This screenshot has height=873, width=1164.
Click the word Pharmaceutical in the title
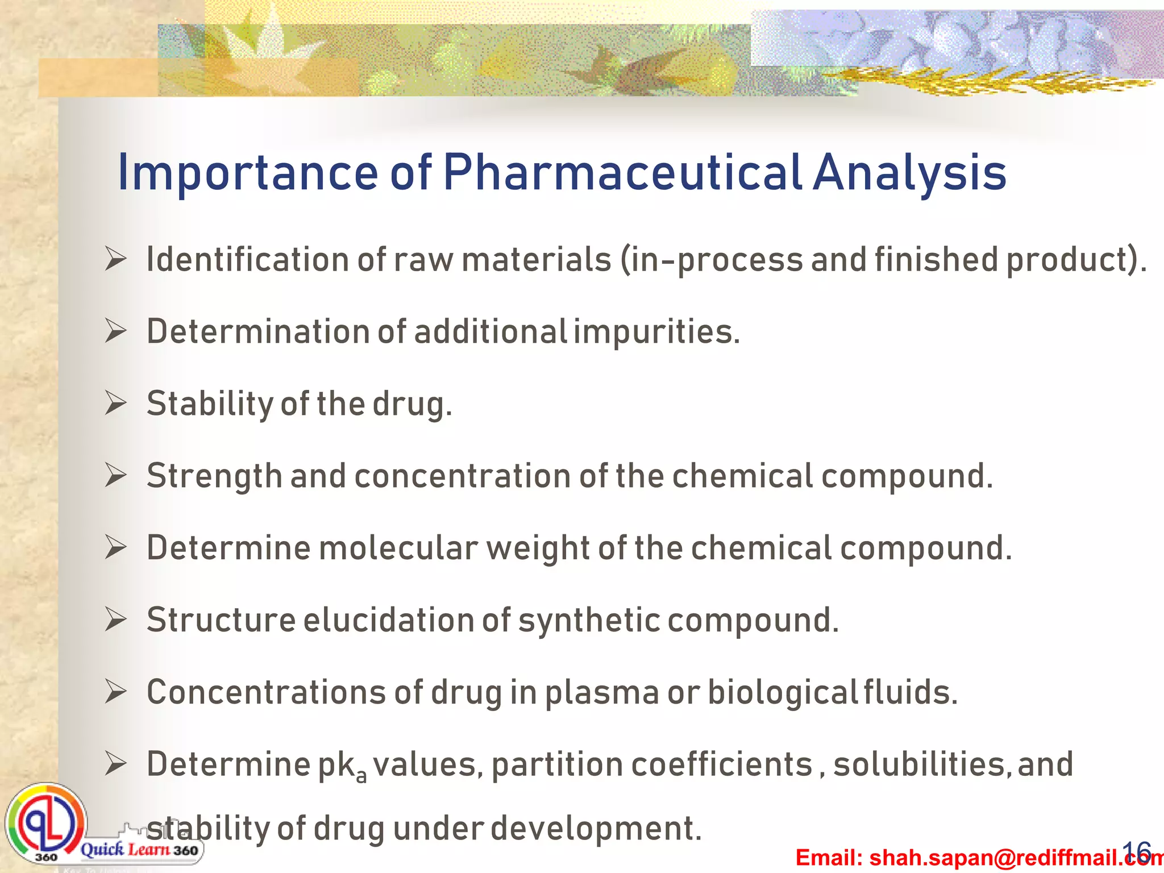622,172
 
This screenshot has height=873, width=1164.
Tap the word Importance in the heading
247,172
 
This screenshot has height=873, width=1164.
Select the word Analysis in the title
910,172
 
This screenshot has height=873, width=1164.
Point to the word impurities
656,332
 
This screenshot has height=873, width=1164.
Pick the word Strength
214,476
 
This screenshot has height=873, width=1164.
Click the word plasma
602,693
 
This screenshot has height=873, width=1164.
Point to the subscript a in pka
361,776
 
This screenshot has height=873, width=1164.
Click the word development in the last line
596,829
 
